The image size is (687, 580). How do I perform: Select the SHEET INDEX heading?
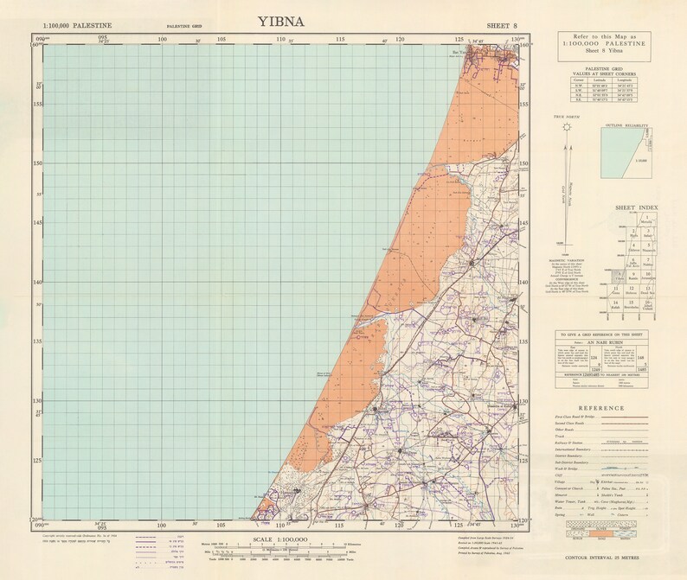pyautogui.click(x=635, y=208)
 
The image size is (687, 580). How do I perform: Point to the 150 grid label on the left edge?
pyautogui.click(x=38, y=163)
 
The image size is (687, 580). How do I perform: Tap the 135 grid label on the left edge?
pyautogui.click(x=38, y=341)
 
